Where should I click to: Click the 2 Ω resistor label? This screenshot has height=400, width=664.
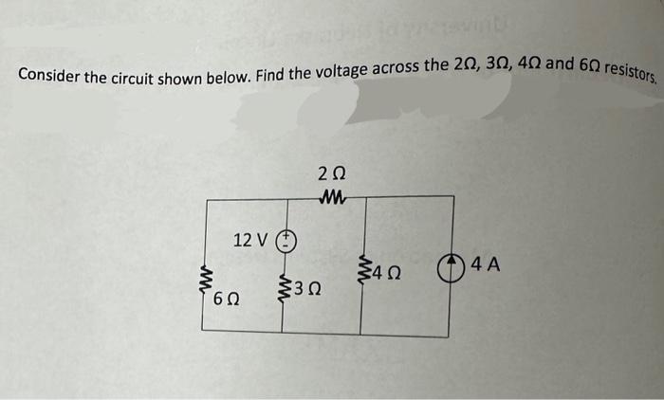point(332,173)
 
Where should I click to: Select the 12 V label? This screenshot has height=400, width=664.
point(250,239)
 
